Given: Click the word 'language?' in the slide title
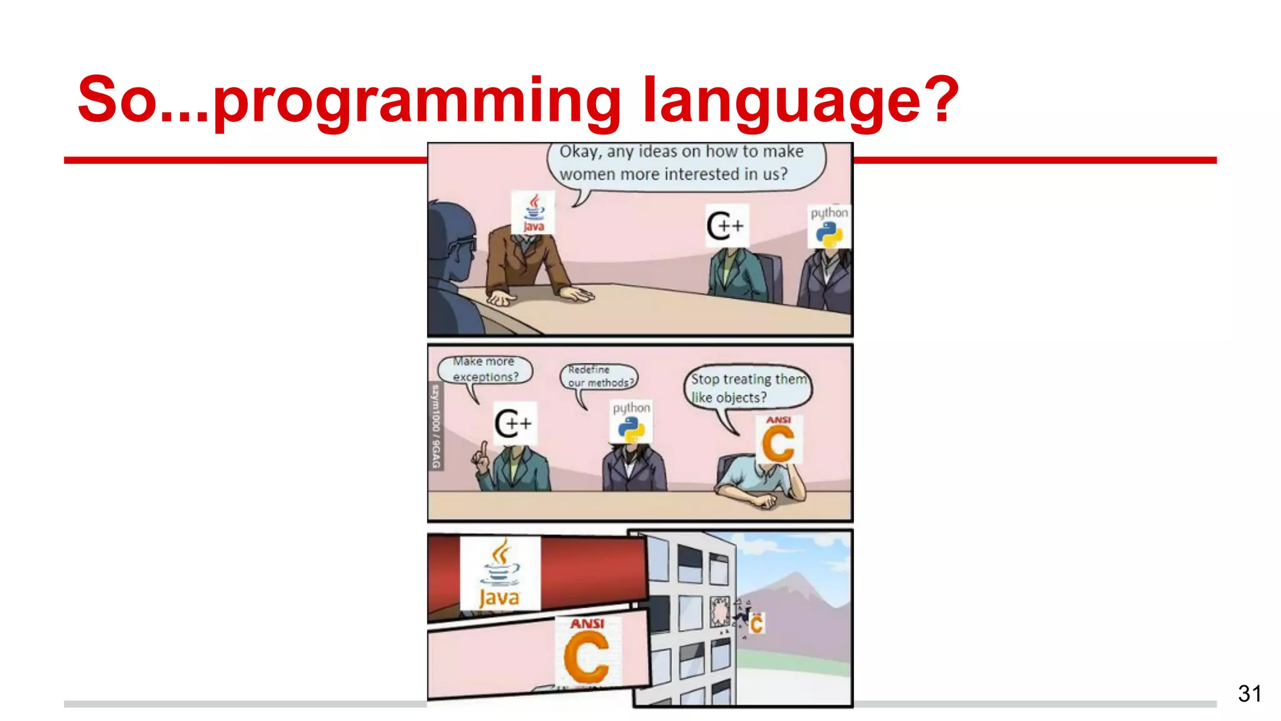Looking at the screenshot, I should point(801,100).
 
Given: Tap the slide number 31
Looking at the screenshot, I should point(1249,693).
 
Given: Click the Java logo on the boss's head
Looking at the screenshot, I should point(533,213).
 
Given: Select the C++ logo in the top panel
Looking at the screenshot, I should point(726,225).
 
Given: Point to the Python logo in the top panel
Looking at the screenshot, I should point(829,227).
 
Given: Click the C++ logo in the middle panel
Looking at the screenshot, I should point(514,424).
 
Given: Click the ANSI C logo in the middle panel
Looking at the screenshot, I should point(778,440).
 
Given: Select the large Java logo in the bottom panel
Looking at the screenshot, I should point(499,573).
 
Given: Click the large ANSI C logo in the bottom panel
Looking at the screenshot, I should point(587,651).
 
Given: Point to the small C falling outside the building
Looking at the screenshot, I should point(756,623).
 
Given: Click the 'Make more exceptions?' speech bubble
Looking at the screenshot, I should point(485,369).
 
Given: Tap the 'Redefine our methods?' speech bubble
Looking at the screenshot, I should point(599,376).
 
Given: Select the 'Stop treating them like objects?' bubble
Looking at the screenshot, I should point(748,387).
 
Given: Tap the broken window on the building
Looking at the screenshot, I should point(720,611).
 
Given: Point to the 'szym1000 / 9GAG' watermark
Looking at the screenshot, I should point(436,426).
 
